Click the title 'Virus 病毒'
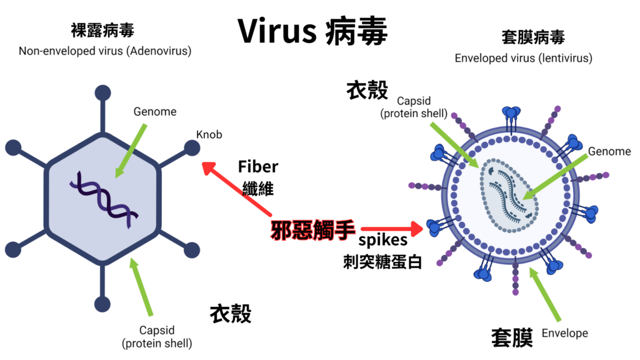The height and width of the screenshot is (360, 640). click(312, 31)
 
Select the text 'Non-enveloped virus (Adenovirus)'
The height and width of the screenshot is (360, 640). click(105, 51)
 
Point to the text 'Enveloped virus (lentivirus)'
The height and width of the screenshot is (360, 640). click(523, 58)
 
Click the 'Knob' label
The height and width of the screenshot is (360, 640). click(209, 134)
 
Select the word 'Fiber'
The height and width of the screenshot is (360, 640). click(257, 167)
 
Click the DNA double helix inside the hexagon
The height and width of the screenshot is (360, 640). click(104, 197)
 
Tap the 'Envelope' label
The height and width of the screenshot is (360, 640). click(564, 333)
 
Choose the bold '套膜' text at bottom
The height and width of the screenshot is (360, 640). click(512, 337)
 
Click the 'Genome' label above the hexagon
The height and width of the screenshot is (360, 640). click(155, 112)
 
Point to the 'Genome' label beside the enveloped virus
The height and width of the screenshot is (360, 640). click(609, 151)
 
